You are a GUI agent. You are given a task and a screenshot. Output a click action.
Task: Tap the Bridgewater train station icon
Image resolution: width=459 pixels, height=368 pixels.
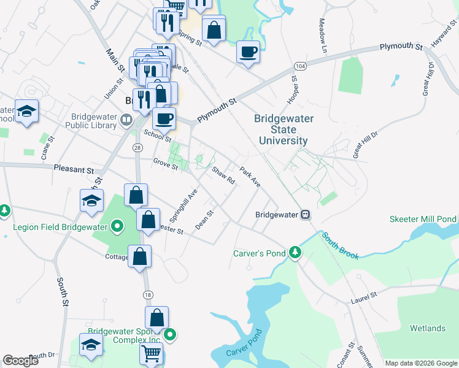pyautogui.click(x=305, y=215)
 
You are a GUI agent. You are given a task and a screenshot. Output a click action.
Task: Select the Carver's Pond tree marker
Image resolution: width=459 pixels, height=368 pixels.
pyautogui.click(x=296, y=252)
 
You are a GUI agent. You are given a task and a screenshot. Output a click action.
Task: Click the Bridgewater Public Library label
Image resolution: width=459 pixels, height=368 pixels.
pyautogui.click(x=94, y=121)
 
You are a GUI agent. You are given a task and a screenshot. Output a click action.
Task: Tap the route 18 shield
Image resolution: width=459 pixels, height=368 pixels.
pyautogui.click(x=147, y=295)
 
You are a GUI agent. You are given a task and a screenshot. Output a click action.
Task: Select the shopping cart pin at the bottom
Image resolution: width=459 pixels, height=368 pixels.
pyautogui.click(x=151, y=353)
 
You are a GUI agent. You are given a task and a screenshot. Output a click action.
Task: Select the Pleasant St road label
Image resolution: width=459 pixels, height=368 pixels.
pyautogui.click(x=74, y=169)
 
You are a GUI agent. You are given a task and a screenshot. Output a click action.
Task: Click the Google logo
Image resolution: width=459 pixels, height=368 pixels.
pyautogui.click(x=21, y=361)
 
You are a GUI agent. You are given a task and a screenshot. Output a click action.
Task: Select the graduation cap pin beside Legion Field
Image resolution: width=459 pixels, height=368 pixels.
pyautogui.click(x=91, y=201)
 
